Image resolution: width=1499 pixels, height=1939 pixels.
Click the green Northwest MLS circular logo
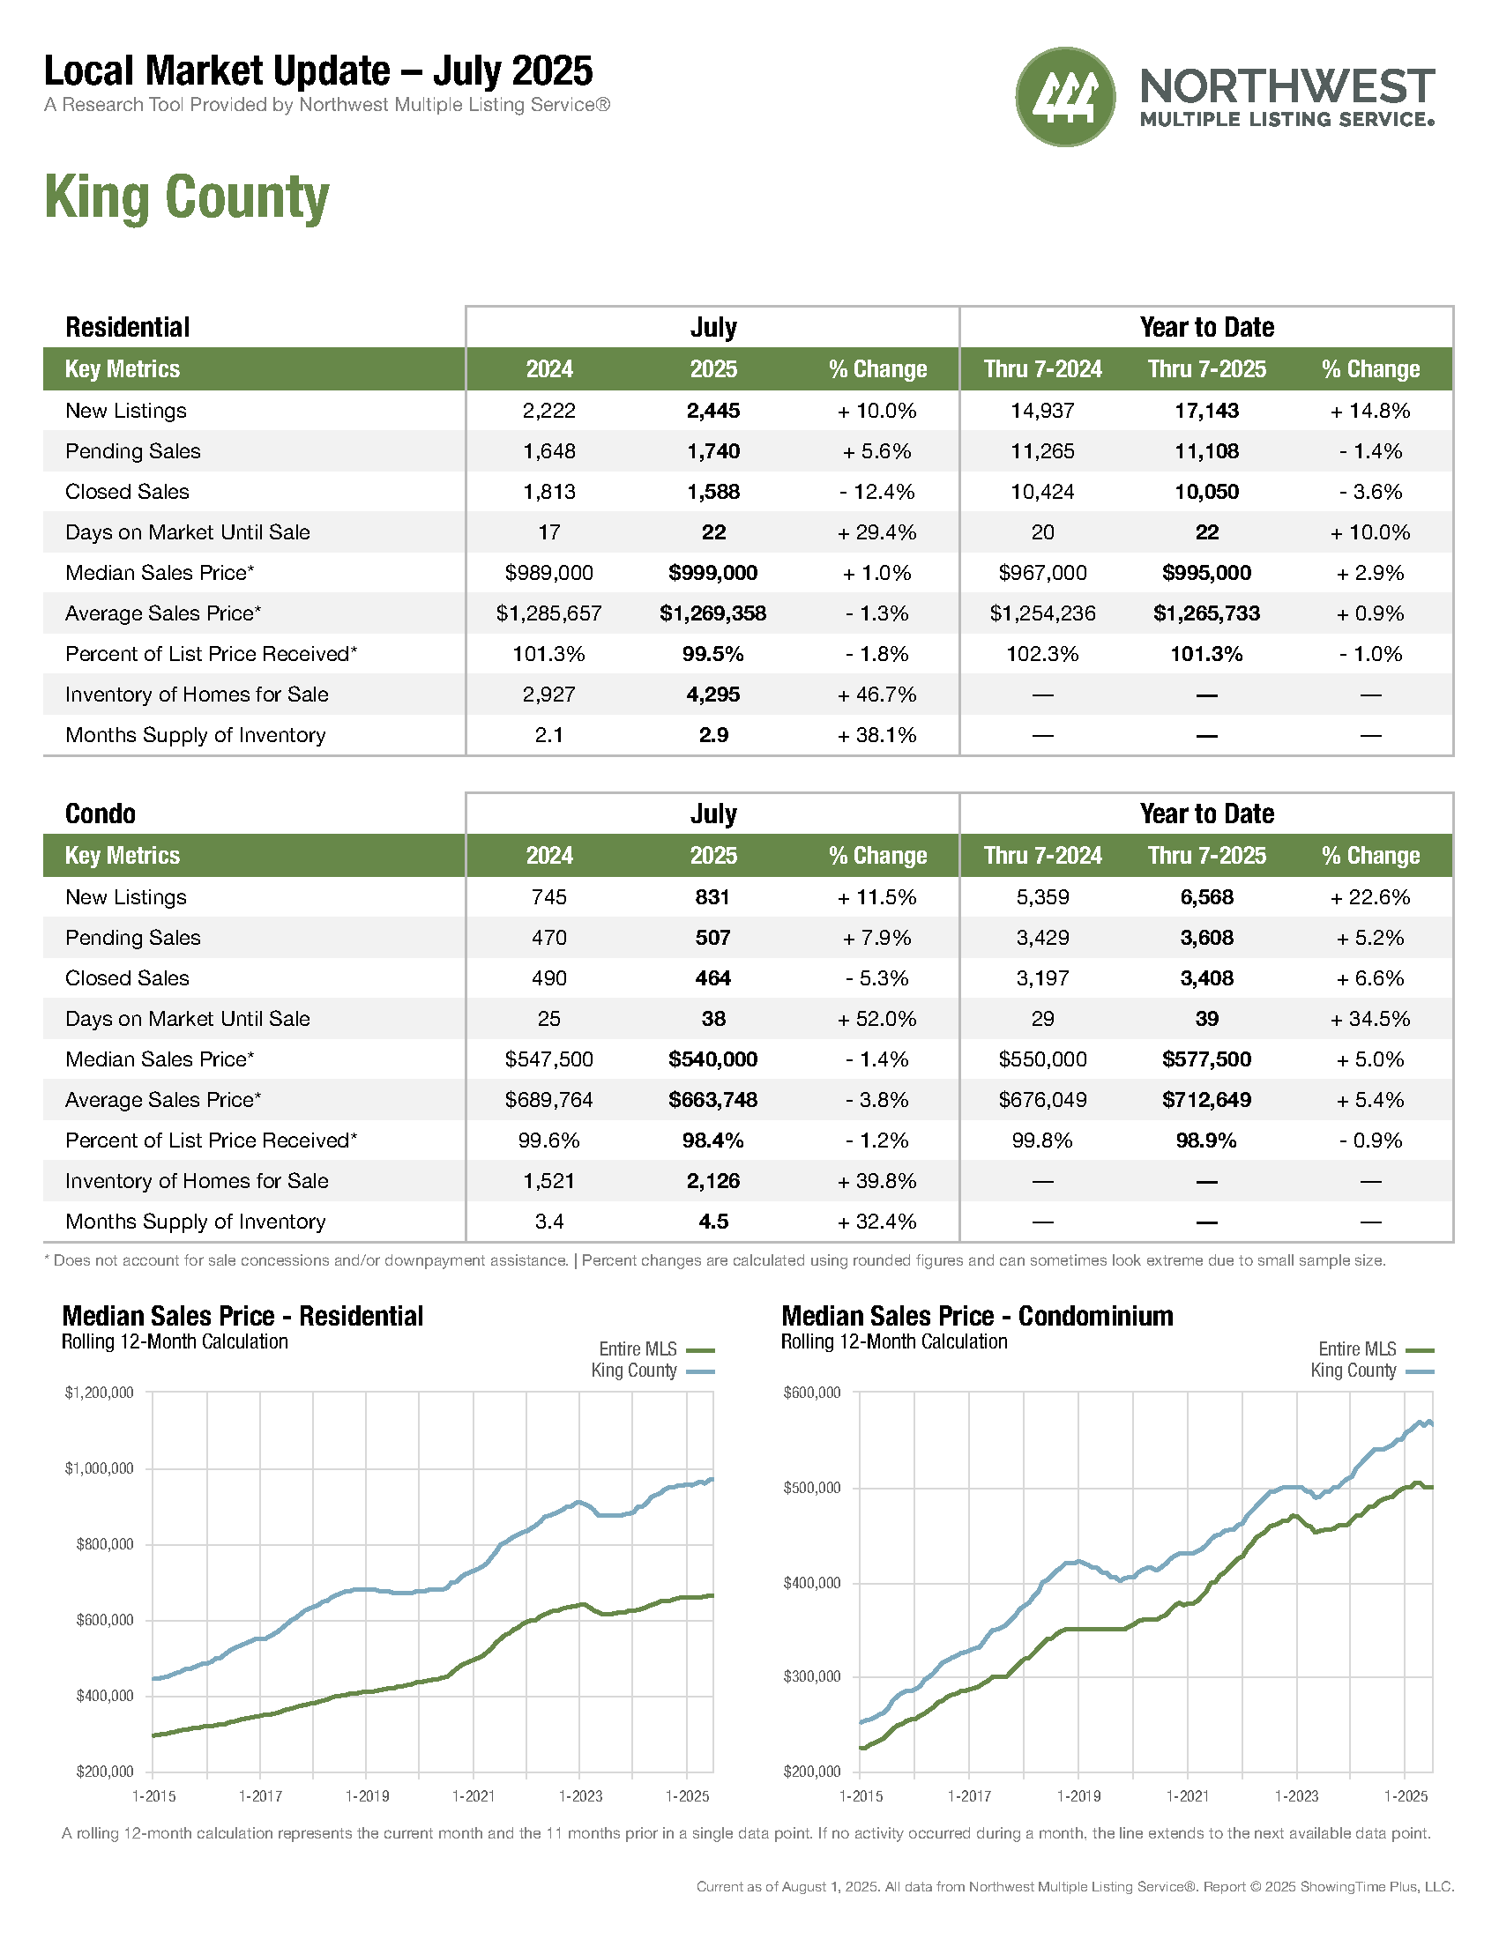pos(1065,97)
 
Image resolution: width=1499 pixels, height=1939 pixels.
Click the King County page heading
pos(186,197)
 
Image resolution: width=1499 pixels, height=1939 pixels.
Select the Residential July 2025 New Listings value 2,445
pos(713,411)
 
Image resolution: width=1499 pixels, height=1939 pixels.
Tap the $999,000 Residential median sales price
pos(713,573)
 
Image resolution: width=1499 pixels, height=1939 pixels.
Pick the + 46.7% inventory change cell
pos(876,695)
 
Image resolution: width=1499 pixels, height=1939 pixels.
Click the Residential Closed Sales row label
pos(127,492)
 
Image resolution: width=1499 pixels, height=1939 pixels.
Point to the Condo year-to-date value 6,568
pos(1207,897)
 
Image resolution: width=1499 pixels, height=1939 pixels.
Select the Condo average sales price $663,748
pos(713,1100)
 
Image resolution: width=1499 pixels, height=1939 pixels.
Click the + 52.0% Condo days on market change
pos(876,1019)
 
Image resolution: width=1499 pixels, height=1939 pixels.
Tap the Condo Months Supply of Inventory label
pos(196,1222)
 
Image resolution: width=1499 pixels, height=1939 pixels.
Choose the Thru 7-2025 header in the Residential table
pos(1207,369)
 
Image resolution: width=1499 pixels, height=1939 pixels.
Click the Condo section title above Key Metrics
pos(101,813)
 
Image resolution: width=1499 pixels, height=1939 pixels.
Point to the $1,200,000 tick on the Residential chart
pos(100,1392)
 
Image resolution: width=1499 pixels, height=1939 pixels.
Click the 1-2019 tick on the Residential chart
pos(367,1796)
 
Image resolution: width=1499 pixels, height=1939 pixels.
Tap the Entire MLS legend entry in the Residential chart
pos(656,1349)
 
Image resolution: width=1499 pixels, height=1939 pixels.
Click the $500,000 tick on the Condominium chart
pos(811,1488)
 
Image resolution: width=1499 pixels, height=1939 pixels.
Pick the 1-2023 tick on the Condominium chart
pos(1296,1796)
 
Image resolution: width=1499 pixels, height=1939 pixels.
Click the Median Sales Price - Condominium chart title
pos(977,1316)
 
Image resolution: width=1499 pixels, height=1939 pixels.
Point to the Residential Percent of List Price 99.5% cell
pos(713,654)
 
